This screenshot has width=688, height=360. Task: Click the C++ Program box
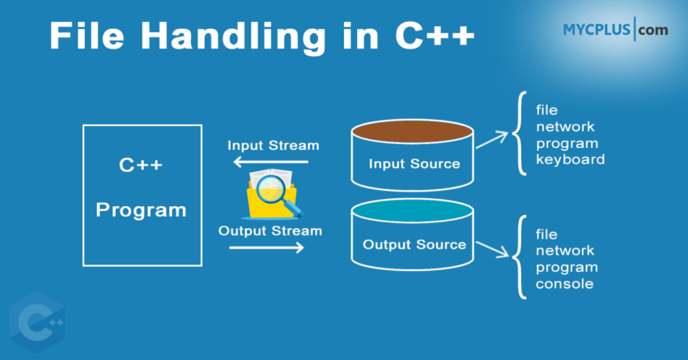[x=142, y=195]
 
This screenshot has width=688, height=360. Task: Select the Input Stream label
[x=273, y=146]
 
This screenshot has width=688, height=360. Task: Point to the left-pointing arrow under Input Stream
[x=271, y=162]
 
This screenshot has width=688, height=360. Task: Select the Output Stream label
[x=270, y=231]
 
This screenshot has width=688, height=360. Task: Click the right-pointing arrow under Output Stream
[x=267, y=248]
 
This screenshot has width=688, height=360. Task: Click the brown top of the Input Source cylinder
[x=412, y=131]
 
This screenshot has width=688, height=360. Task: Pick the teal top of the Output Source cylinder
[x=412, y=212]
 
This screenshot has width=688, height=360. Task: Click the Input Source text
[x=414, y=163]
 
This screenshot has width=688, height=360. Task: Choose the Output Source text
[x=414, y=244]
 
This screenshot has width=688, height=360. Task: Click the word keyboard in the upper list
[x=570, y=159]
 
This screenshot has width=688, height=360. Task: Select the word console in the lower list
[x=564, y=284]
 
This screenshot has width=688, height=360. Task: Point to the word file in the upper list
[x=546, y=109]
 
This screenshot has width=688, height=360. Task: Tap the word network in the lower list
[x=565, y=251]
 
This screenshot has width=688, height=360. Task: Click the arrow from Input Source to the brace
[x=493, y=142]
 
